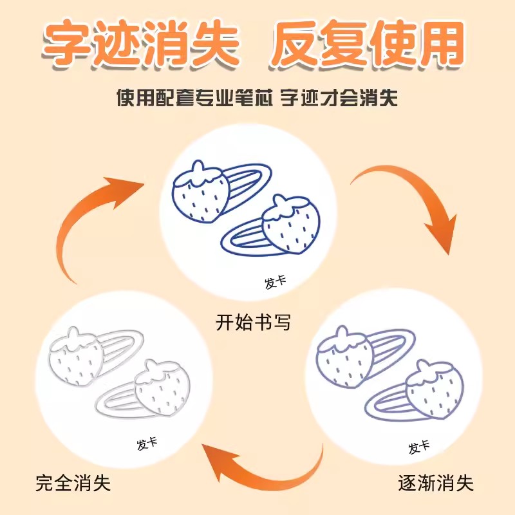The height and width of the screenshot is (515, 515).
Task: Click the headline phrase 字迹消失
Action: [x=141, y=45]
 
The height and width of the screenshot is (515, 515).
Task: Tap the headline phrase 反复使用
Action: [x=366, y=45]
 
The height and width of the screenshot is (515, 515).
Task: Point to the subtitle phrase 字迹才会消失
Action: [x=344, y=98]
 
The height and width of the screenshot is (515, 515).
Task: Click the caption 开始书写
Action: [x=254, y=322]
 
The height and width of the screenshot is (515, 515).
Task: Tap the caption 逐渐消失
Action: [x=436, y=482]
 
